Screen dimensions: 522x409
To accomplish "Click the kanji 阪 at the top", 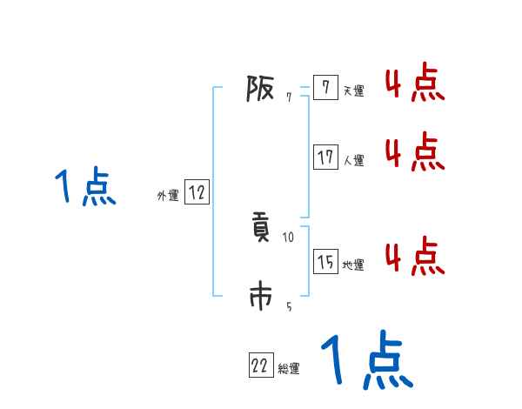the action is click(259, 89).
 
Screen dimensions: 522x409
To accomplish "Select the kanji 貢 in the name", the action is click(259, 229).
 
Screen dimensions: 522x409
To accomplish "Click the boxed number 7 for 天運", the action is click(325, 88).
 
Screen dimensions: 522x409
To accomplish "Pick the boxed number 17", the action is click(325, 158).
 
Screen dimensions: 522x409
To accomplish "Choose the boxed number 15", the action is click(325, 262).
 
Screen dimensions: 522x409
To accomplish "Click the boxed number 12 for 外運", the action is click(197, 193).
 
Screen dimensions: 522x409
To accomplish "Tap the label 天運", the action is click(353, 91).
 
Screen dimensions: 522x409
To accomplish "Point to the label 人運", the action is click(353, 160).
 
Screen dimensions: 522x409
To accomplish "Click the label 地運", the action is click(353, 265).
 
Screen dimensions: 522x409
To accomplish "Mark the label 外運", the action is click(168, 197).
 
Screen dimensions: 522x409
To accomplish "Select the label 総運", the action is click(289, 370).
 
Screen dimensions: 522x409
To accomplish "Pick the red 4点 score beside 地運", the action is click(414, 258).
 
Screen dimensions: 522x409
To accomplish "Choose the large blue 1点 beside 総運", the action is click(365, 361).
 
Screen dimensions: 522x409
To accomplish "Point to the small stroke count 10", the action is click(289, 237).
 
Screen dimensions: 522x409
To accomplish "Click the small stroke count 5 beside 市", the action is click(289, 306).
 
